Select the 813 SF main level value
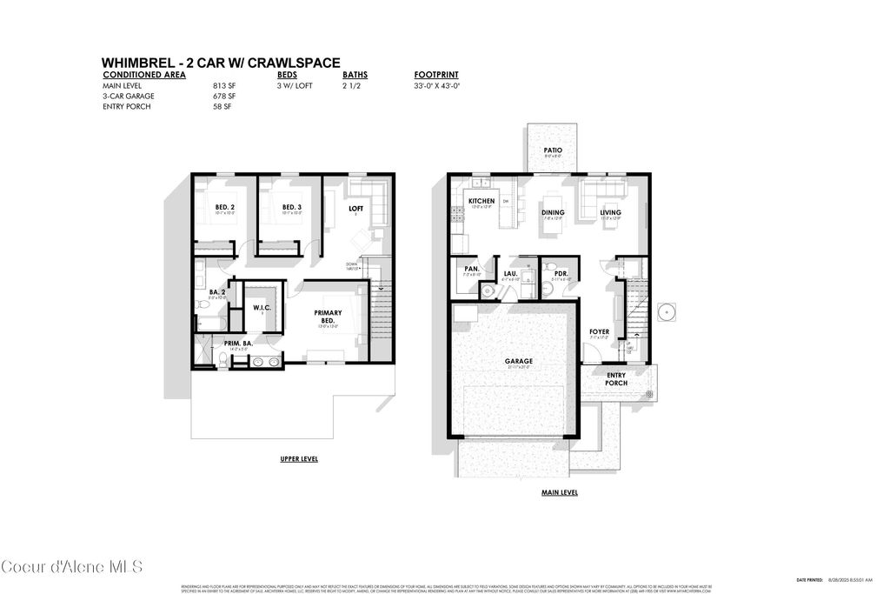tap(224, 86)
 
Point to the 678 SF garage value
tap(224, 96)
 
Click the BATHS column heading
tap(355, 75)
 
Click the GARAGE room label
tap(519, 361)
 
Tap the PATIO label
tap(553, 150)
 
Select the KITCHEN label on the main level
tap(482, 201)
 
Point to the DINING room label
tap(553, 212)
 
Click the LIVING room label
tap(610, 212)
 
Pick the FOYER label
tap(600, 331)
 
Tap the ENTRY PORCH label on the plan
tap(616, 379)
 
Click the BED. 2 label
tap(225, 207)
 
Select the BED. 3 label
tap(292, 207)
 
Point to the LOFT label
tap(355, 209)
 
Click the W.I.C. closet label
tap(262, 307)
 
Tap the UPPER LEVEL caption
tap(298, 458)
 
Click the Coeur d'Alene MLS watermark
tap(71, 567)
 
